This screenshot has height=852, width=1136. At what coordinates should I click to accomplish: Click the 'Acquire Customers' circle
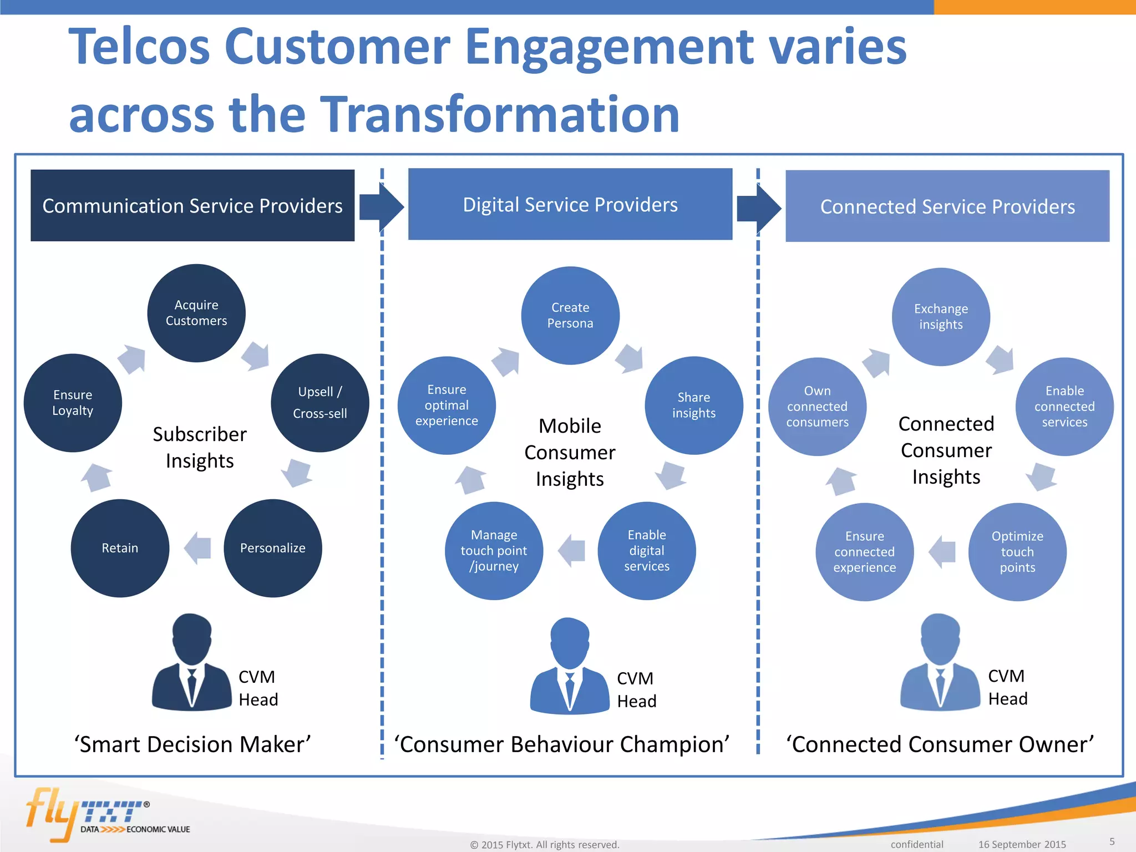coord(196,313)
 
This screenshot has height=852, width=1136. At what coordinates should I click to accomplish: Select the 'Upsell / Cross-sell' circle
coord(319,403)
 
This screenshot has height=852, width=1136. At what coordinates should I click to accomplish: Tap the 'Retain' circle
coord(120,548)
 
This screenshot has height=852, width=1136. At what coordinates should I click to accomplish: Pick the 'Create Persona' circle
coord(570,315)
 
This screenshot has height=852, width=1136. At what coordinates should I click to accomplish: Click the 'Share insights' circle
coord(693,405)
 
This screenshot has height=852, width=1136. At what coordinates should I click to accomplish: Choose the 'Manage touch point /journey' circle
coord(494,550)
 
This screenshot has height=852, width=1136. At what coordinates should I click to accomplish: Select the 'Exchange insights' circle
coord(941,317)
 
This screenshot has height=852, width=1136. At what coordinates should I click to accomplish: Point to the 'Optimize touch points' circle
coord(1017,551)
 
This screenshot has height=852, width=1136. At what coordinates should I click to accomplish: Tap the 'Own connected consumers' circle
coord(817,407)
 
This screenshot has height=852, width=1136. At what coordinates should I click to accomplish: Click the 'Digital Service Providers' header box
coord(570,205)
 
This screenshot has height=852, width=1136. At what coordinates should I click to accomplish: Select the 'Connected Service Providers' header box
coord(947,206)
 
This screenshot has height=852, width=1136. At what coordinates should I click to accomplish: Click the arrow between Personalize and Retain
coord(197,548)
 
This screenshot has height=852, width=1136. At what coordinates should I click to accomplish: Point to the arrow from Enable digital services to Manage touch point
coord(571,550)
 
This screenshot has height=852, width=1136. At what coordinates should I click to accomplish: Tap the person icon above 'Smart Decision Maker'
coord(192,663)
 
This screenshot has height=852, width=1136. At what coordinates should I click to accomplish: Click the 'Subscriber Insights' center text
coord(200,447)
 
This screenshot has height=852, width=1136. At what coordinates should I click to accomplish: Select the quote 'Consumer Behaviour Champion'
coord(561,744)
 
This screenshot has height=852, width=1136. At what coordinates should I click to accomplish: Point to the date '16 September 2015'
coord(1022,844)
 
